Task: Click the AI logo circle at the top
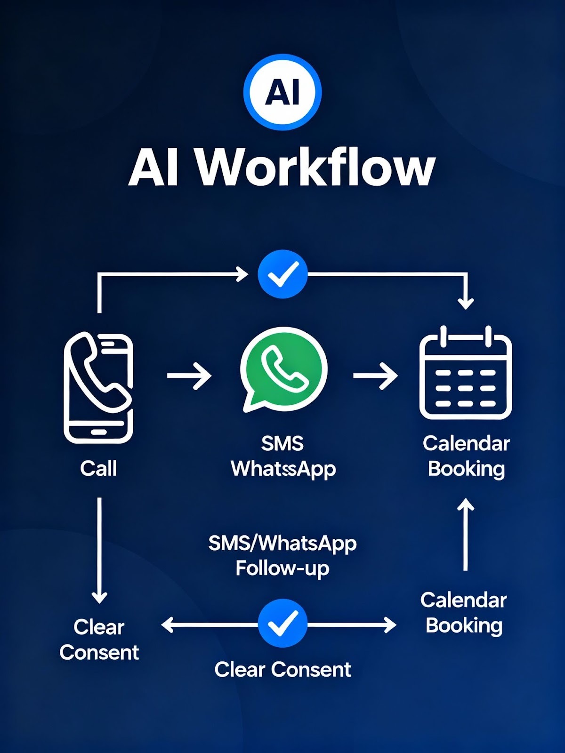point(282,91)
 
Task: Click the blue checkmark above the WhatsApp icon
point(282,274)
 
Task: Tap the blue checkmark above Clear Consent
point(282,624)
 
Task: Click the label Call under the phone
point(98,468)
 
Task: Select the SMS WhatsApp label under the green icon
point(283,456)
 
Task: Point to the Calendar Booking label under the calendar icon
point(466,456)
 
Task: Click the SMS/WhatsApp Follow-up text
point(282,555)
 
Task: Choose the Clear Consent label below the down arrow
point(99,640)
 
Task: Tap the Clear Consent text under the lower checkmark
point(282,669)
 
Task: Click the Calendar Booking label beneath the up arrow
point(464,613)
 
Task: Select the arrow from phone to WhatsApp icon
point(189,376)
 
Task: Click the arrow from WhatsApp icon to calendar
point(375,376)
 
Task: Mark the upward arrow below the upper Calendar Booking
point(466,535)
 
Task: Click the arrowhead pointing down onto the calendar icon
point(466,303)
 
